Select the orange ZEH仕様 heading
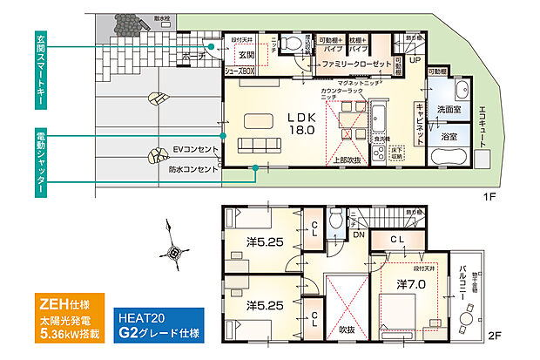57,305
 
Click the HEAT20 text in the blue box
141,318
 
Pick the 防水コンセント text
193,169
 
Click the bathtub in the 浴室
449,159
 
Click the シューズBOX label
239,72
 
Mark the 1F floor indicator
489,198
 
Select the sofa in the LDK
258,145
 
